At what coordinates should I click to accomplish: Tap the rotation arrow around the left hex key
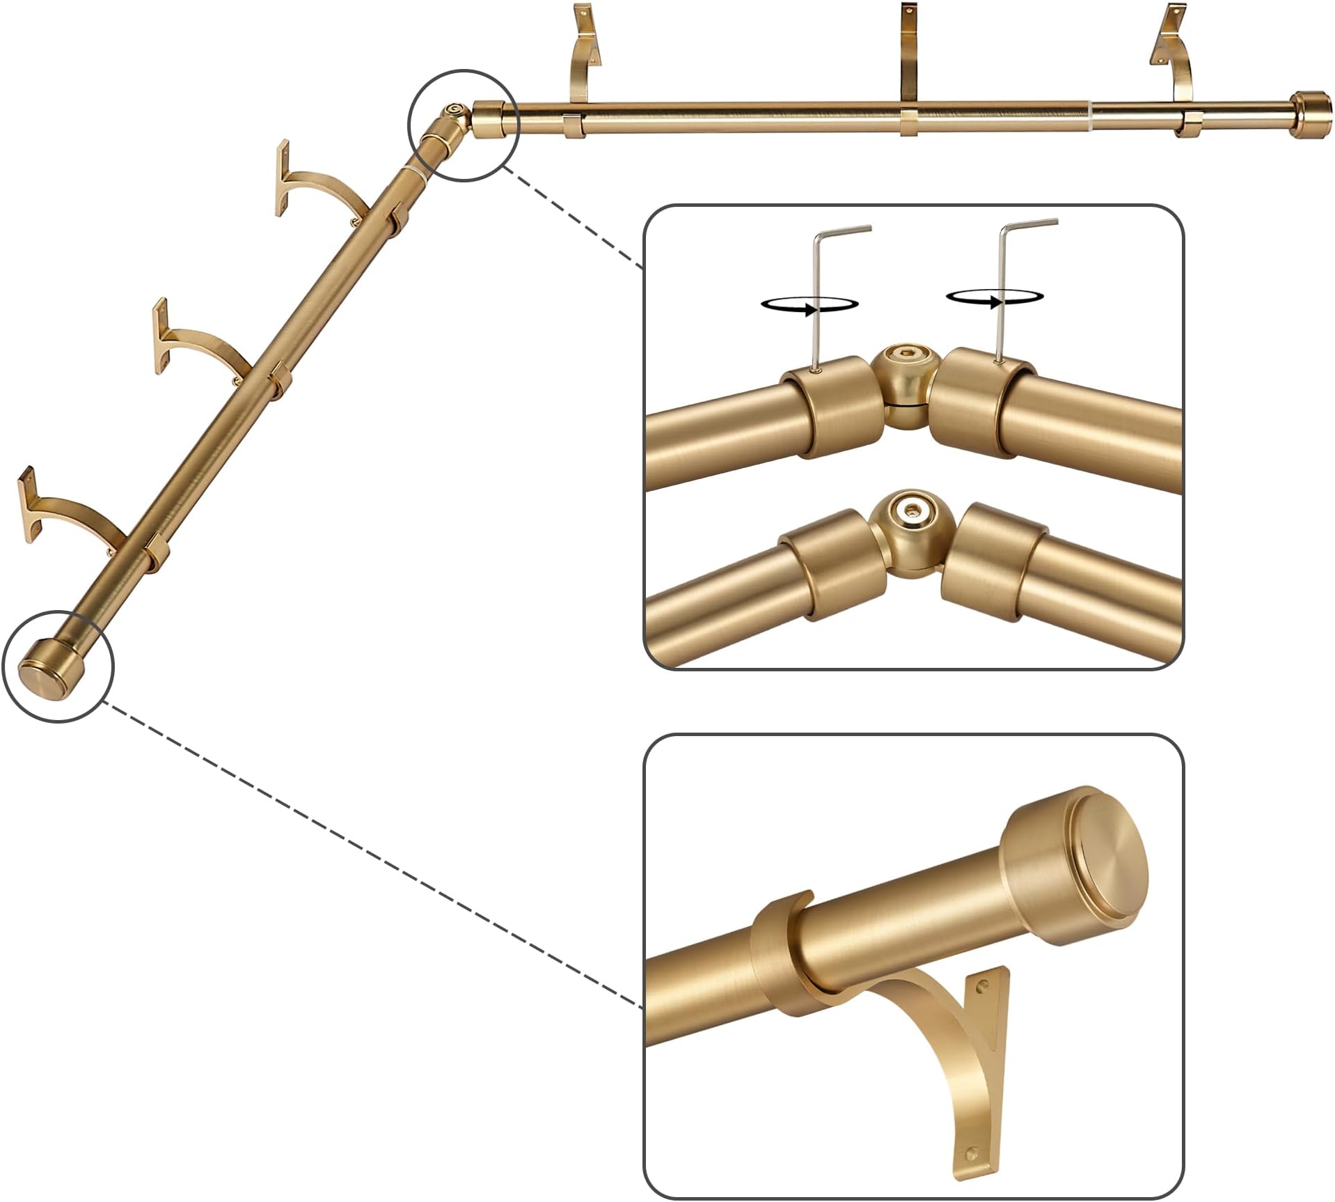click(809, 304)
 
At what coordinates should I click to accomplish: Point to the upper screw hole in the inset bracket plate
click(983, 987)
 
